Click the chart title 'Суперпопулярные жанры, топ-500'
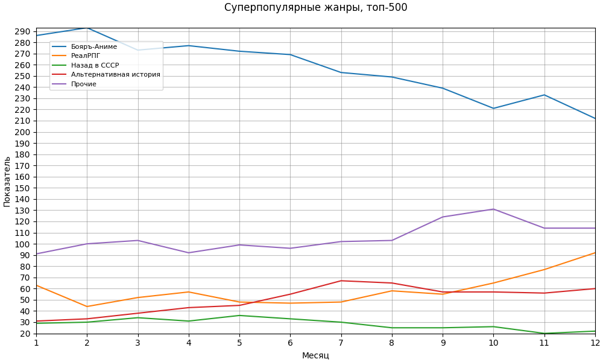[315, 8]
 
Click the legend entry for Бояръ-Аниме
[94, 47]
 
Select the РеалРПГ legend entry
[86, 56]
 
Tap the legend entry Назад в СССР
[95, 65]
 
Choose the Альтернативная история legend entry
[115, 75]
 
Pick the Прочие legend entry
[83, 84]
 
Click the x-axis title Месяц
[315, 355]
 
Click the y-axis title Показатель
[7, 182]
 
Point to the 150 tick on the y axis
[24, 188]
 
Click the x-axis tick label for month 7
[341, 343]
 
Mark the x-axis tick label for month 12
[595, 343]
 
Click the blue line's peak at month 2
[87, 28]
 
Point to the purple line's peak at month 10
[493, 209]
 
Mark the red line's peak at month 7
[341, 281]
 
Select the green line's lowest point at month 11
[545, 333]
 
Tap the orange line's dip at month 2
[87, 306]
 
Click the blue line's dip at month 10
[493, 109]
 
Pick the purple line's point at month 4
[189, 253]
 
